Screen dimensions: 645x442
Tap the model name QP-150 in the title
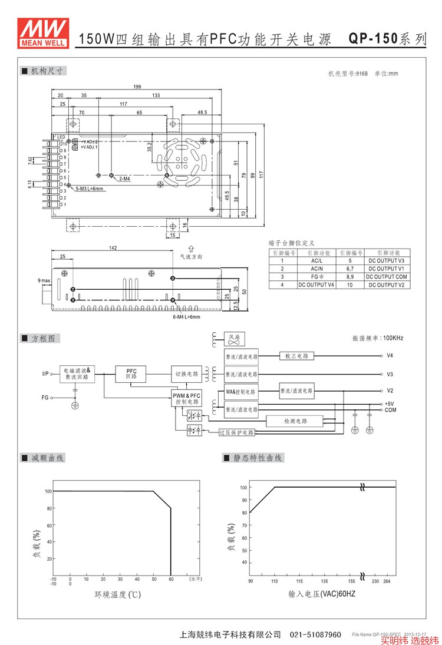pos(372,39)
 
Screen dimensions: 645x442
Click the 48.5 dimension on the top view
pos(202,112)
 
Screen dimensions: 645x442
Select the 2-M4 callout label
pos(124,178)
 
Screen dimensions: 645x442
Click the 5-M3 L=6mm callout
pos(90,188)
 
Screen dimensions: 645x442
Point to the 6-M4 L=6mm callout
pos(186,317)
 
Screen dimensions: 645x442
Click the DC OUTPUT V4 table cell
pos(316,285)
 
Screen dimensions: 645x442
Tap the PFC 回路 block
pos(131,373)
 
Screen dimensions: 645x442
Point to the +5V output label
pos(390,403)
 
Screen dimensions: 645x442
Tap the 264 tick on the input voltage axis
pos(387,581)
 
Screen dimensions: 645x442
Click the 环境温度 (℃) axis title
pos(118,595)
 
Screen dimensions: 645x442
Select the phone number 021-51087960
pos(315,635)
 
